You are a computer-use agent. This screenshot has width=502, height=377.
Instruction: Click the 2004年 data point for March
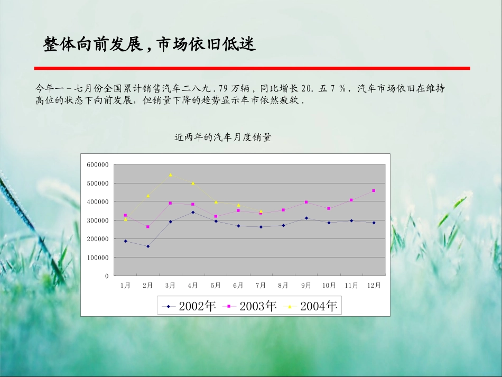tap(170, 174)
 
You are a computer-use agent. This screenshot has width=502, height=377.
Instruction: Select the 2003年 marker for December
tap(374, 190)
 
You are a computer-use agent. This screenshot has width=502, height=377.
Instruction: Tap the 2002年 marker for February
tap(148, 246)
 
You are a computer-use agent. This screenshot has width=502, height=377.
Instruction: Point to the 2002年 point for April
tap(193, 212)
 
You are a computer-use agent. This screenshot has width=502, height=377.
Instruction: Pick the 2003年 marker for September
tap(306, 202)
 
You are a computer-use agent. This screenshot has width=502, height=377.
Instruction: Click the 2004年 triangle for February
tap(148, 196)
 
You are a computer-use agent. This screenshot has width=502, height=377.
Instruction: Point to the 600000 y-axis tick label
tap(98, 165)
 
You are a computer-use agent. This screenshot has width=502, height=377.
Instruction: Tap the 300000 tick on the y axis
tap(98, 220)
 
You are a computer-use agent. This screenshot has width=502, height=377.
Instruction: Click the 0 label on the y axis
tap(106, 276)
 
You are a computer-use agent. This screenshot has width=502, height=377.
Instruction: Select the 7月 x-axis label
tap(261, 286)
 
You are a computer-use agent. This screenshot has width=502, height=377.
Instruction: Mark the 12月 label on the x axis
tap(374, 286)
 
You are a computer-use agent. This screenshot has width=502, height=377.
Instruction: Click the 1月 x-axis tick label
tap(125, 286)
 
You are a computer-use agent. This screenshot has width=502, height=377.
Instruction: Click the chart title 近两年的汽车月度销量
tap(222, 137)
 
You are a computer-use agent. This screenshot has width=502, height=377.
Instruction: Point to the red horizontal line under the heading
tap(252, 68)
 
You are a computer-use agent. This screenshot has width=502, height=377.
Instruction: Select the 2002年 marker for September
tap(306, 218)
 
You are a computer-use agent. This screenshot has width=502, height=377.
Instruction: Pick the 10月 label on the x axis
tap(329, 286)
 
